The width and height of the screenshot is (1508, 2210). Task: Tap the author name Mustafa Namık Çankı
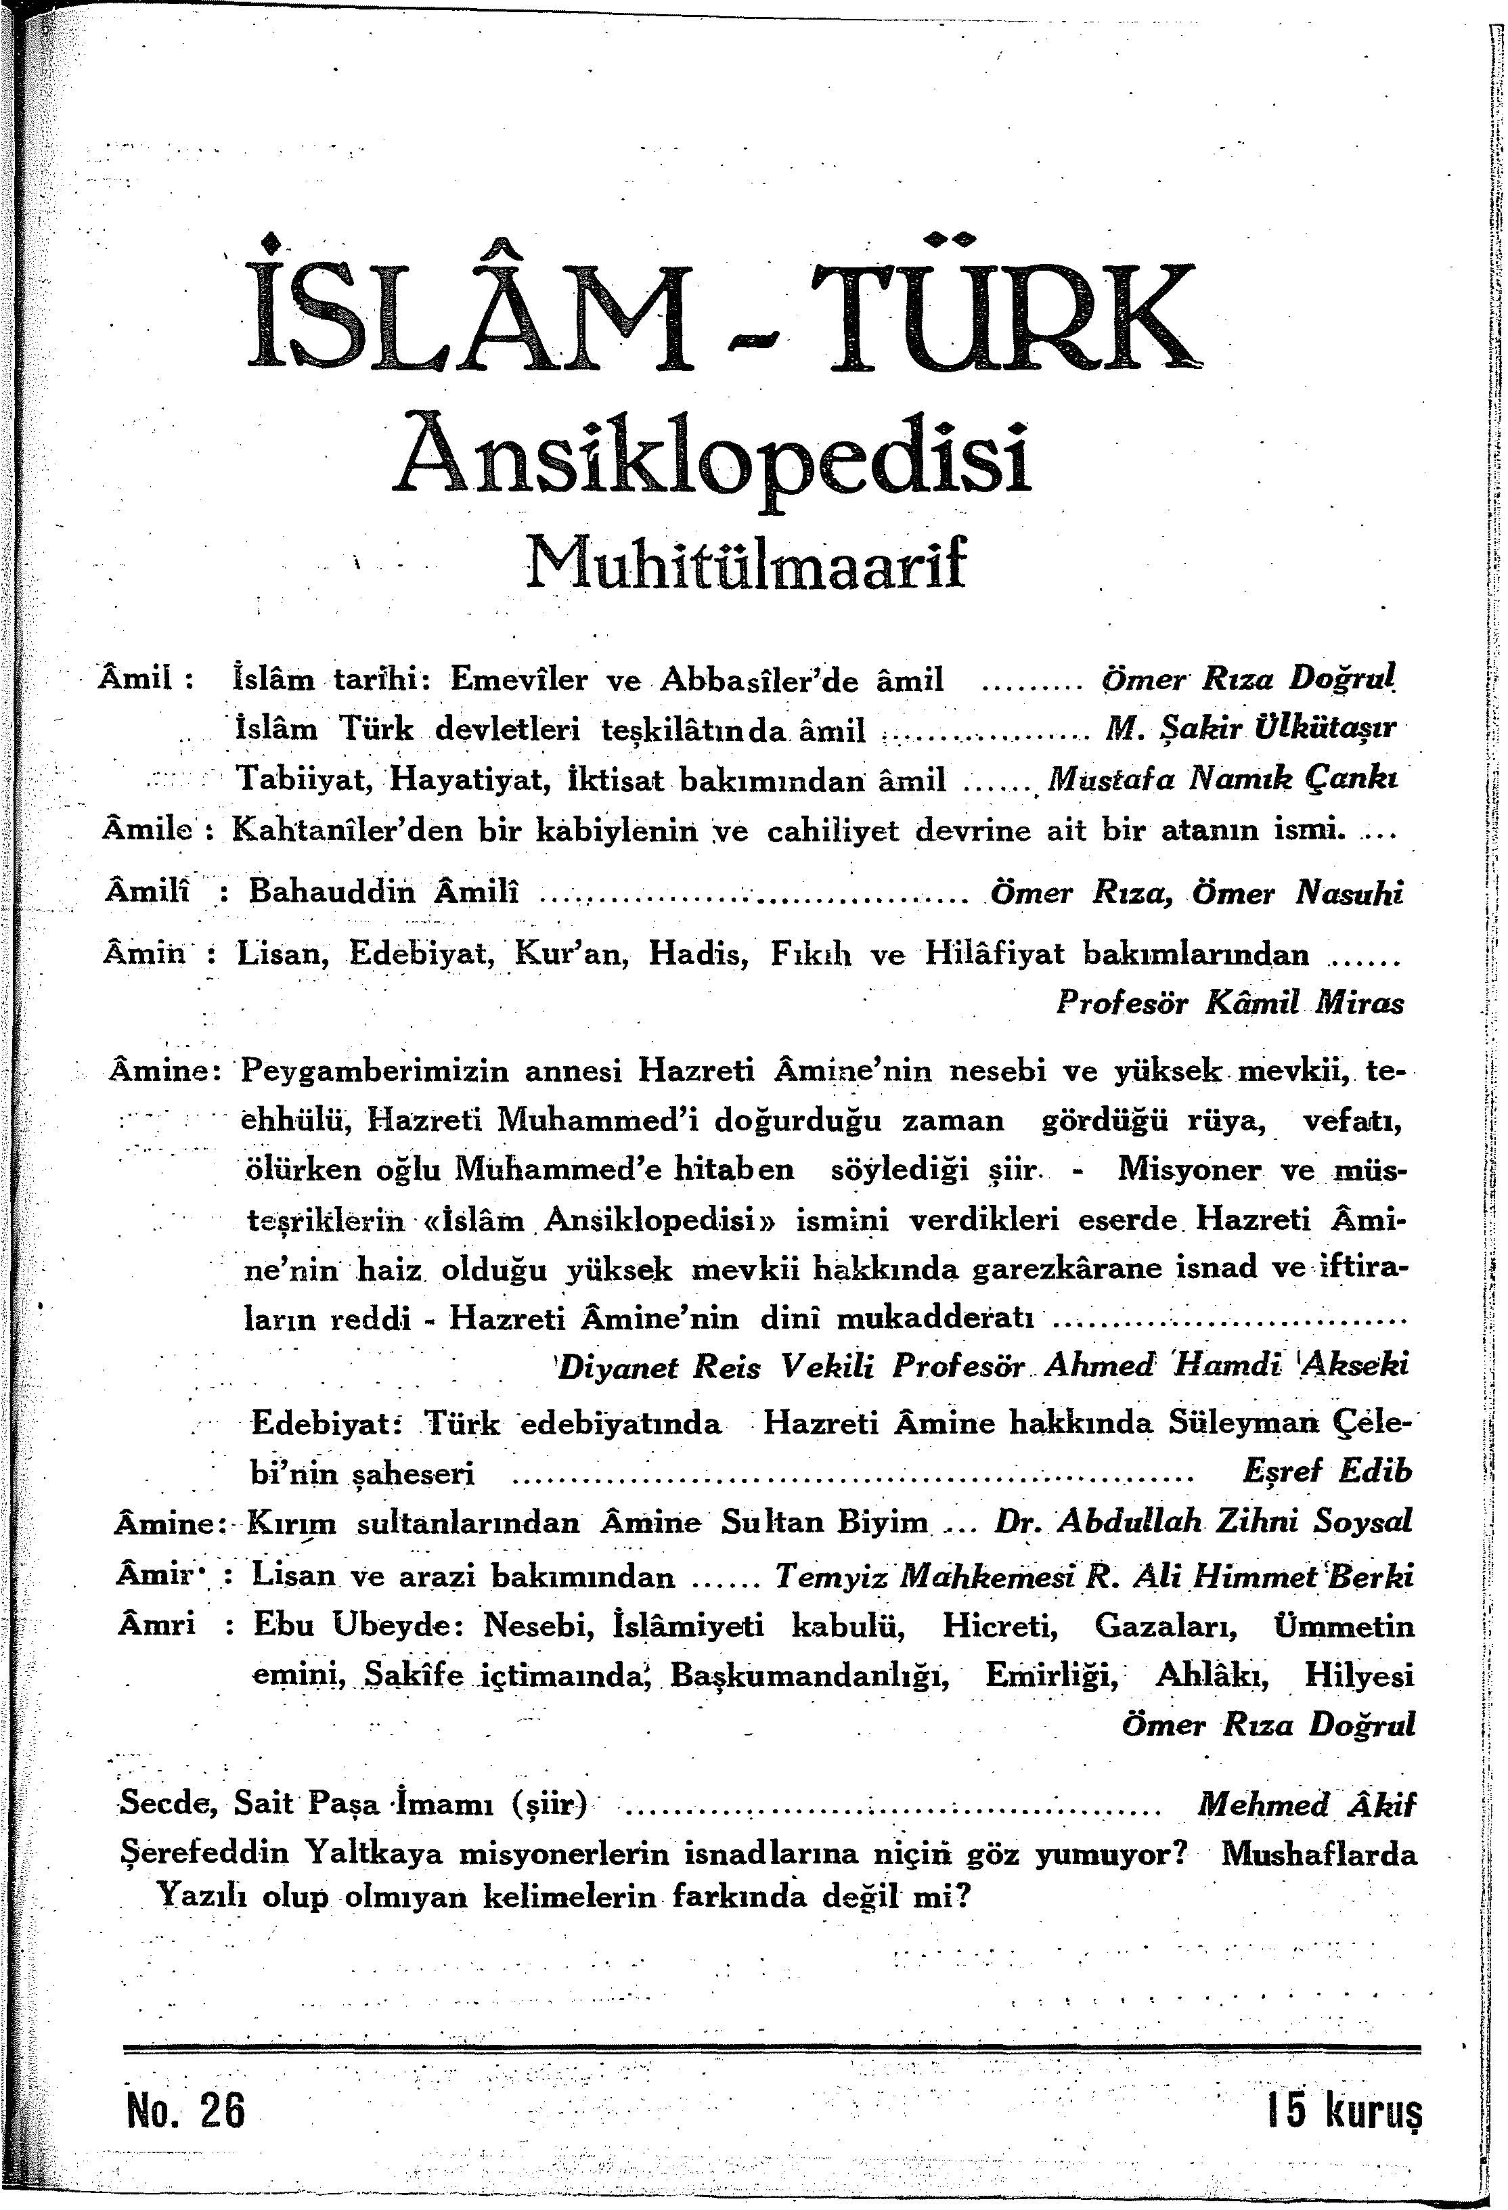pyautogui.click(x=1222, y=780)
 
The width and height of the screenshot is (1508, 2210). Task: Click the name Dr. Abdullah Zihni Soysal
pyautogui.click(x=1202, y=1520)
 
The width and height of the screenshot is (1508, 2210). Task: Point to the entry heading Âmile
pyautogui.click(x=148, y=829)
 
